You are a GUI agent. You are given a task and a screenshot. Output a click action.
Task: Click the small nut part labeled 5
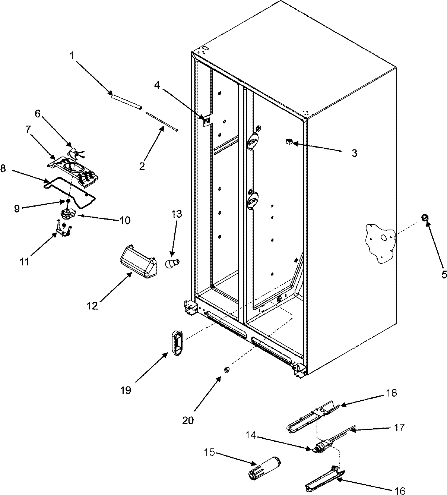(425, 218)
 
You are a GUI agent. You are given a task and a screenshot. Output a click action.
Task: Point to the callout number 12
(92, 306)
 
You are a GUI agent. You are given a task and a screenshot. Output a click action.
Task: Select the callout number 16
(400, 491)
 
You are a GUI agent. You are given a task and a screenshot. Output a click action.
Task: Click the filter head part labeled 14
(319, 448)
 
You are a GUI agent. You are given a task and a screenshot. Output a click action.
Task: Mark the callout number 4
(157, 85)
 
